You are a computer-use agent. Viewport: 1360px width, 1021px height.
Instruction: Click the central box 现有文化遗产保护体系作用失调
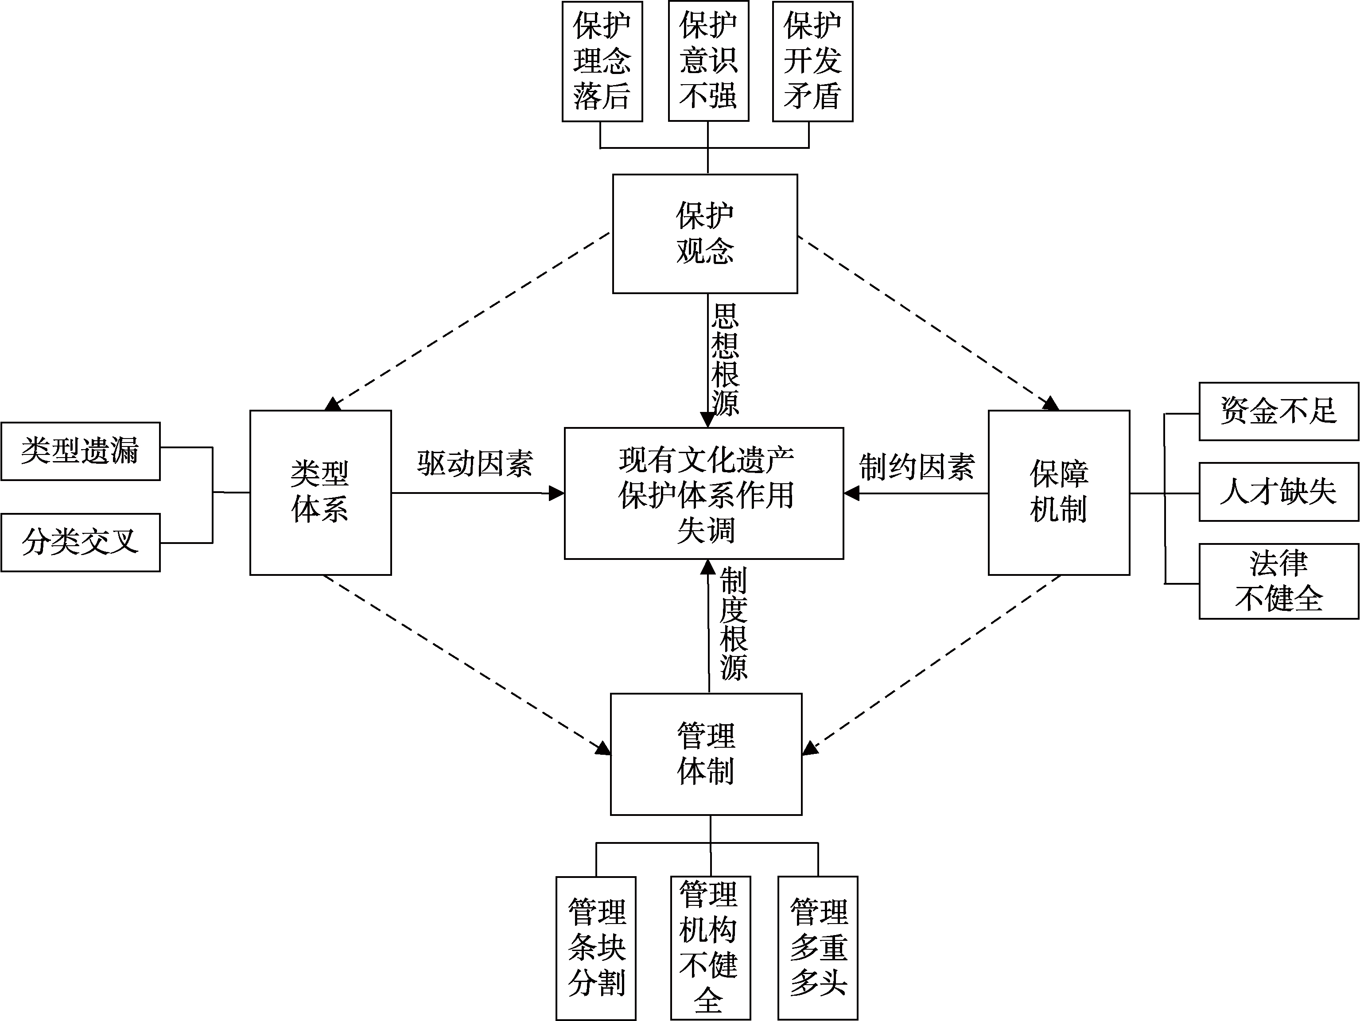tap(704, 493)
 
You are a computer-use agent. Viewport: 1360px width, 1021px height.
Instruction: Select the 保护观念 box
tap(705, 233)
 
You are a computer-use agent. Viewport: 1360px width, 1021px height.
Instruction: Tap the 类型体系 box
tap(320, 493)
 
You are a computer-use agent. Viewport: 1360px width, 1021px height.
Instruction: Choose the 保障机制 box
tap(1059, 493)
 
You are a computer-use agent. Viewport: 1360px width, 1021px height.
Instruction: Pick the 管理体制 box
tap(706, 754)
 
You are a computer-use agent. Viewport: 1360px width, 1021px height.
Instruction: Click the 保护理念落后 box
tap(602, 62)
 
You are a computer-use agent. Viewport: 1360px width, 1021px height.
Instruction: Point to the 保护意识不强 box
tap(708, 62)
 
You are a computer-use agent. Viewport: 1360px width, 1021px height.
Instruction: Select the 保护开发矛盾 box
tap(812, 62)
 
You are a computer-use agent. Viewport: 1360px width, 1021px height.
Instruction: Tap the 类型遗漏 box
tap(81, 451)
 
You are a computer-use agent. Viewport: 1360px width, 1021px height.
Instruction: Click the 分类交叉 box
tap(81, 543)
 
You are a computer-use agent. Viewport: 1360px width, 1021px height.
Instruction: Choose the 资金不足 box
tap(1278, 411)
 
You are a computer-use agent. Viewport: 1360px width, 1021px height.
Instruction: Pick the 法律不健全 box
tap(1278, 581)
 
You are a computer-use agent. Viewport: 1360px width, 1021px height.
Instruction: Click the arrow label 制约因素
tap(917, 467)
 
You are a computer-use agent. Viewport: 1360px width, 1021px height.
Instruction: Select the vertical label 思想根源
tap(726, 360)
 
